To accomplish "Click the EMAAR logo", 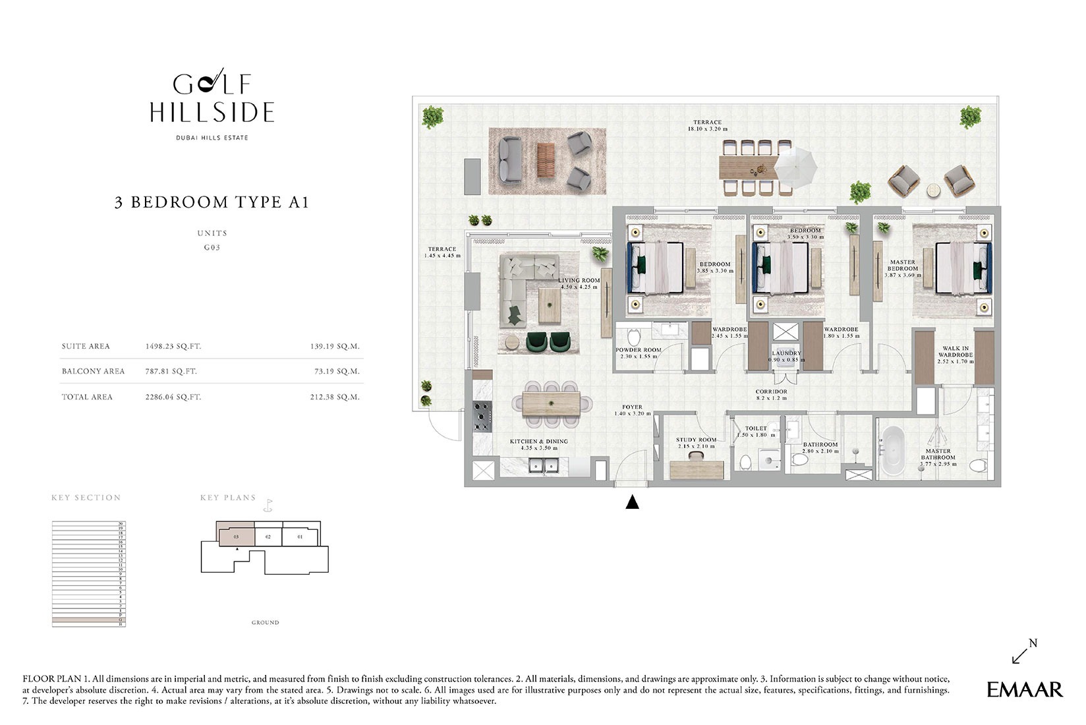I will [1024, 689].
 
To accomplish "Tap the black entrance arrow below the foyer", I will [632, 503].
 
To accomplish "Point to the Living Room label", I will [579, 283].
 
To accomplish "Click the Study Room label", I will [696, 443].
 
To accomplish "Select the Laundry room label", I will [786, 356].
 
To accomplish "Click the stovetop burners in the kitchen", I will [482, 416].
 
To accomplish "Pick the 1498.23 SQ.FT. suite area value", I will [173, 346].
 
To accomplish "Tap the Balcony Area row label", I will [93, 371].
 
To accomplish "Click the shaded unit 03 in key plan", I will [236, 536].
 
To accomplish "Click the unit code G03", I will [212, 248].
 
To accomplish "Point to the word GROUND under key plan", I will [265, 622].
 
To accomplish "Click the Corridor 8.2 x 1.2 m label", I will [771, 395].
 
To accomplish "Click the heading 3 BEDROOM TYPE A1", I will [212, 202].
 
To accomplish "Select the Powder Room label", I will [638, 353].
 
